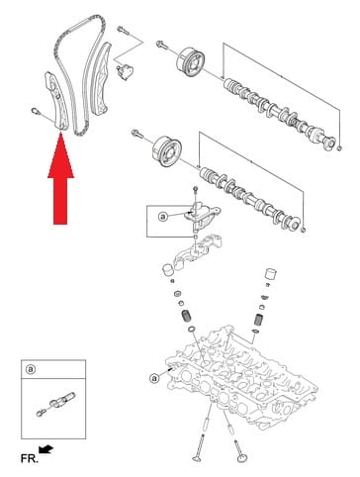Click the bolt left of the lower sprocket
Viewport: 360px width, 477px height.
coord(135,133)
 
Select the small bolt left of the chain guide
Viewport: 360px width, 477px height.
coord(36,110)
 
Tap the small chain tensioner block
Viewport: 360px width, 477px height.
coord(124,71)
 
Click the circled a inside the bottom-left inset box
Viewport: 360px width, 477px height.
coord(31,370)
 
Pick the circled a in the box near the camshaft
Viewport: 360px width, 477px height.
coord(164,215)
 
